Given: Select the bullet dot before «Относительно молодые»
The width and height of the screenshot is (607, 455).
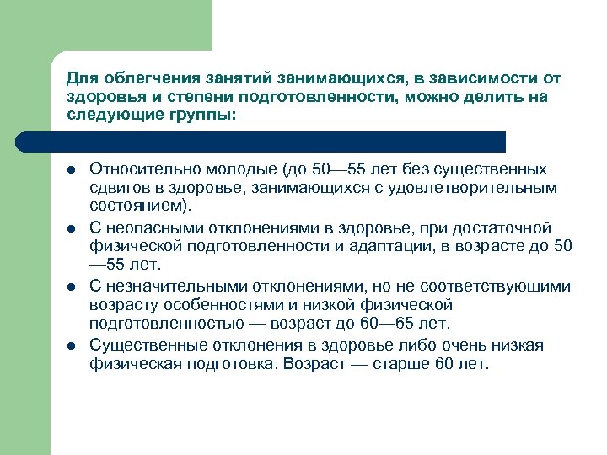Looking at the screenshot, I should point(72,171).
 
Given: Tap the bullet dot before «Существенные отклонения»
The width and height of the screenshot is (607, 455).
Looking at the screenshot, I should point(72,346).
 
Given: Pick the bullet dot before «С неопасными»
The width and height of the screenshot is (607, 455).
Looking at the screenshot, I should point(72,229).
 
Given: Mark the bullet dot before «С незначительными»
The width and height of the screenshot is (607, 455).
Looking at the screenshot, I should point(72,287).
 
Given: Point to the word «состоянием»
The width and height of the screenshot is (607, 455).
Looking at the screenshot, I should point(137,206).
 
